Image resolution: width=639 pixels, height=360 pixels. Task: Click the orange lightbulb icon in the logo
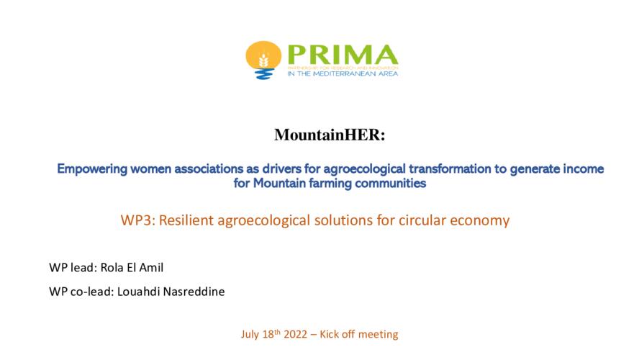263,60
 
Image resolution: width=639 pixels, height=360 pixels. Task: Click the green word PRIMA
343,55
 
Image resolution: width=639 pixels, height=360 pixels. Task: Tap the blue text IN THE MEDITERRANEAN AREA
343,73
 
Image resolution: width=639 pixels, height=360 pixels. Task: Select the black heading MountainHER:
330,135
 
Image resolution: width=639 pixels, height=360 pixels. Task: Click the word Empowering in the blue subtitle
92,169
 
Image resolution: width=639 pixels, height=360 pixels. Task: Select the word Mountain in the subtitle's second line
279,184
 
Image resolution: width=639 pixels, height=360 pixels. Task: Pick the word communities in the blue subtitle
391,184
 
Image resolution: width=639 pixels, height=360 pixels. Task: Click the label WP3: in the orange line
138,220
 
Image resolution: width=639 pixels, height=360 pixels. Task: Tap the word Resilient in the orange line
186,220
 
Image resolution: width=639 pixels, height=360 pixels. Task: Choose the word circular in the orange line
422,220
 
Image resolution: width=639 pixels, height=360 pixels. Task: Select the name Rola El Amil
132,268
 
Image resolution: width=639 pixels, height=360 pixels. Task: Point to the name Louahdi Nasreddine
171,292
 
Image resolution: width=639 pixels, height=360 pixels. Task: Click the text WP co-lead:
81,292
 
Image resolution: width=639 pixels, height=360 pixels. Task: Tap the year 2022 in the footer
296,335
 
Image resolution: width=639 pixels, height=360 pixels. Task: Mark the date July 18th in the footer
260,334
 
